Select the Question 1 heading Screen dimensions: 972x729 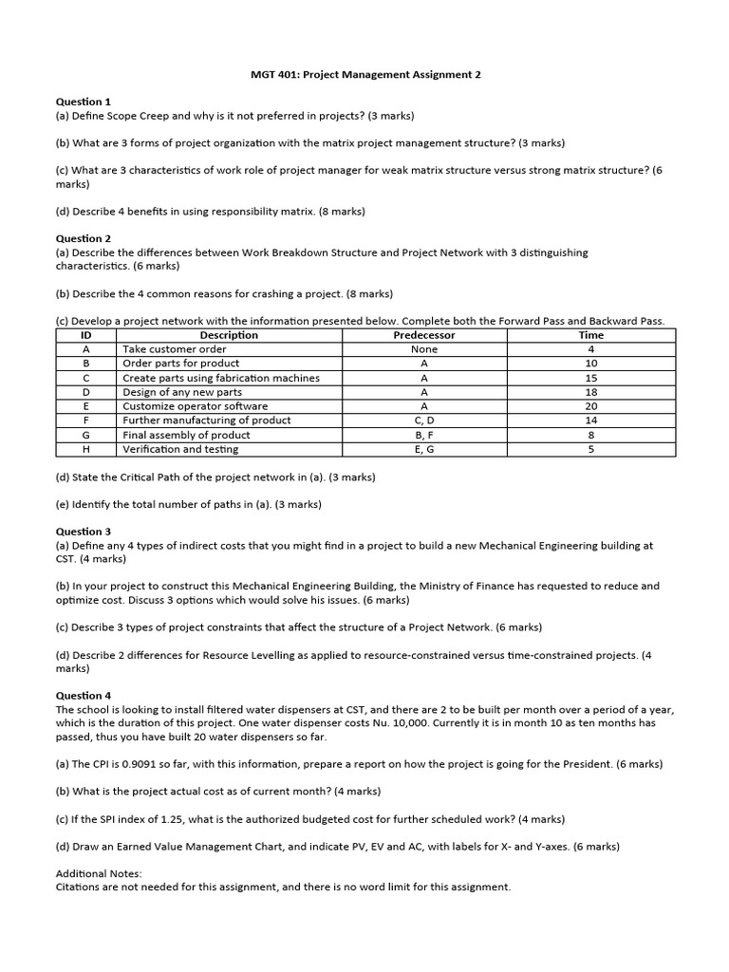tap(84, 102)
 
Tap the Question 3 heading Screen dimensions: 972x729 tap(84, 532)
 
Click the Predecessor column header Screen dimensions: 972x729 tap(423, 335)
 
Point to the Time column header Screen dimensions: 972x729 tap(590, 335)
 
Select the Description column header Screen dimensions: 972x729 tap(229, 335)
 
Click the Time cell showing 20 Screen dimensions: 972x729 tap(590, 406)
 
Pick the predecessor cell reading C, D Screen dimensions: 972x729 tap(423, 421)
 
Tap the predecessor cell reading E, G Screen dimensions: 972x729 tap(423, 449)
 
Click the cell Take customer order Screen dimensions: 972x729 tap(175, 349)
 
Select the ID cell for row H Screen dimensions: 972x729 tap(85, 449)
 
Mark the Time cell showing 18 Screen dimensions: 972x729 tap(590, 392)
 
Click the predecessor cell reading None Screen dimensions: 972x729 tap(423, 349)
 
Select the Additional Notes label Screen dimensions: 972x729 tap(99, 873)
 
